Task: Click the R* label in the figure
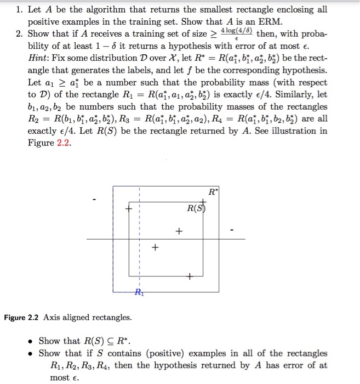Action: coord(213,191)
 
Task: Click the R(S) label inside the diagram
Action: coord(196,208)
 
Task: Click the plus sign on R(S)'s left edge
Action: coord(129,208)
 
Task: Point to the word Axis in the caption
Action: coord(53,318)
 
